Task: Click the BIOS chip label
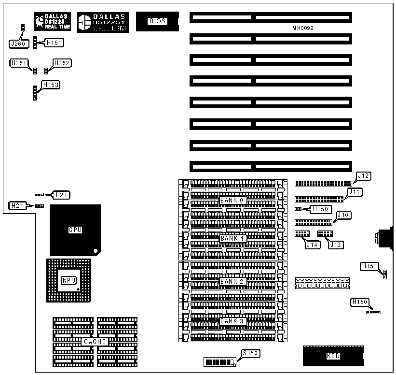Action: click(157, 21)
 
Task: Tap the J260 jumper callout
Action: click(17, 43)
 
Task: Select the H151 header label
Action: click(54, 43)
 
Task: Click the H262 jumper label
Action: click(62, 63)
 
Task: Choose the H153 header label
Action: click(51, 85)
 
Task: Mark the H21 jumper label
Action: click(61, 195)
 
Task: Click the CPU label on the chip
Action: click(75, 230)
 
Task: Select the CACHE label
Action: click(95, 342)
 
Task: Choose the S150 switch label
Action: click(251, 353)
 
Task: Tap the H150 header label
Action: click(360, 303)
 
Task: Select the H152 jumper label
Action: click(370, 266)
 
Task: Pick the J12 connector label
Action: click(363, 176)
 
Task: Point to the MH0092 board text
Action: click(302, 29)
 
